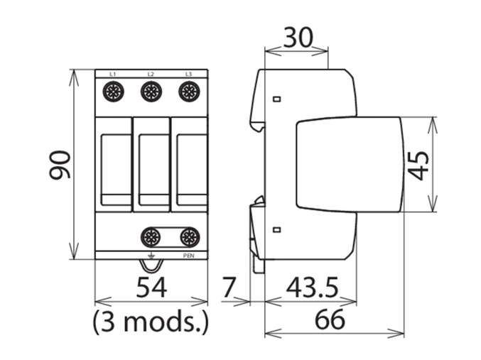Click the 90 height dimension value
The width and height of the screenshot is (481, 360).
[x=60, y=165]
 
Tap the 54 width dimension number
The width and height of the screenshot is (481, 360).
[x=151, y=288]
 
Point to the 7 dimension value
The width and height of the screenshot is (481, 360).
[x=227, y=288]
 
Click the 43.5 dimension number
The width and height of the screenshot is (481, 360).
[x=311, y=288]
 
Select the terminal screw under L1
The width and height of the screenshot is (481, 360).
[x=114, y=91]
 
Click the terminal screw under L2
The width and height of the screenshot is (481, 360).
[x=151, y=91]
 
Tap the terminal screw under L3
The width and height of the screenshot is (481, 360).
[x=188, y=91]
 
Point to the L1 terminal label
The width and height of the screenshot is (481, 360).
[x=114, y=74]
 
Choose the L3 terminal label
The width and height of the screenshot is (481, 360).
[x=188, y=74]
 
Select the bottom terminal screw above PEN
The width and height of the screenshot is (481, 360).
[x=189, y=237]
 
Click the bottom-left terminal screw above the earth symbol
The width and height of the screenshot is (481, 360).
[x=151, y=237]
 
